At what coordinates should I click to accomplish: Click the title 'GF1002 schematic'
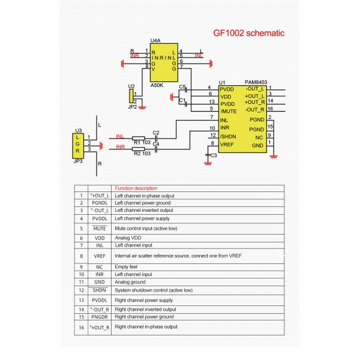point(249,34)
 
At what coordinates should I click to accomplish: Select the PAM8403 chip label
point(257,82)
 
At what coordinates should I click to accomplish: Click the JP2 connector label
point(132,107)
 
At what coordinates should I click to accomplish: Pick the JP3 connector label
point(78,161)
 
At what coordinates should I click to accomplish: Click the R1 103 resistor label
point(142,142)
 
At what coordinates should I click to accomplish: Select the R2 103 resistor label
point(142,154)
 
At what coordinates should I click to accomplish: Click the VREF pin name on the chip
point(227,145)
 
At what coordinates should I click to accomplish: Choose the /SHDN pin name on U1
point(229,136)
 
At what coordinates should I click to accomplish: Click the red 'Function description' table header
point(136,188)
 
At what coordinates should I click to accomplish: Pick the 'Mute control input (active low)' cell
point(147,229)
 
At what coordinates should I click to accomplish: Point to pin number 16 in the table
point(81,327)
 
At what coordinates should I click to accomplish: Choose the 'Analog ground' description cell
point(130,282)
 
